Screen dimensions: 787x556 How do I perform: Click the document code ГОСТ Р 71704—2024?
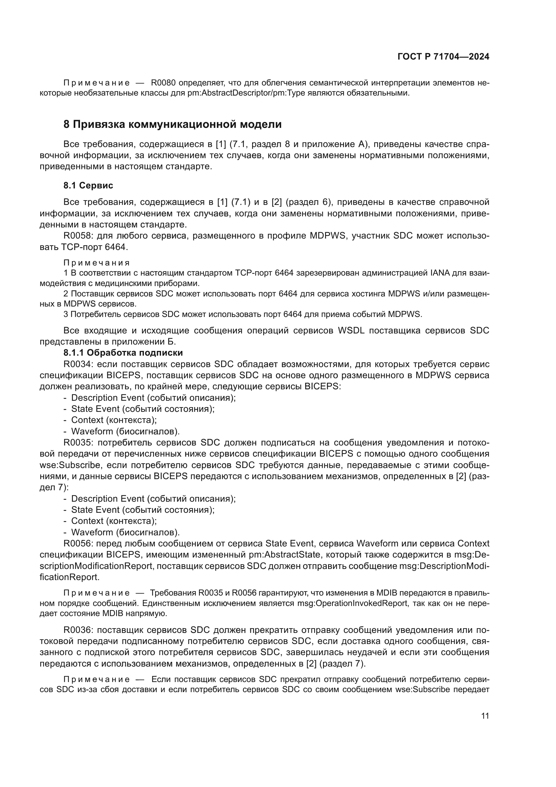tap(443, 57)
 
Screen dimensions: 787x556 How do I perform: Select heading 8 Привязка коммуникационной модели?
tap(172, 124)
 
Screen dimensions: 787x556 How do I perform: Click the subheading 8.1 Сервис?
tap(88, 185)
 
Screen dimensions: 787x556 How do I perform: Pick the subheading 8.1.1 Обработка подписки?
tap(123, 353)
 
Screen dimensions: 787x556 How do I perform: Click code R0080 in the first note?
tap(164, 83)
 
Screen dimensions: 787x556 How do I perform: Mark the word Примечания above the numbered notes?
tap(97, 263)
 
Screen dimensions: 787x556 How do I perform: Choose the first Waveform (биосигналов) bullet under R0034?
tap(125, 431)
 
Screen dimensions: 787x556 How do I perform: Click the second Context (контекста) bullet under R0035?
tap(114, 521)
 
